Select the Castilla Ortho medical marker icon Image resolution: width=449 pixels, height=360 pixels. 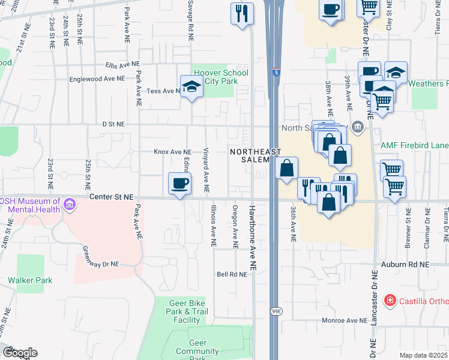pyautogui.click(x=390, y=299)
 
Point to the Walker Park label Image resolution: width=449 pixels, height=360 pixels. pyautogui.click(x=30, y=280)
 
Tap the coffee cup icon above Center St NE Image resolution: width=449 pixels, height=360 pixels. pyautogui.click(x=179, y=183)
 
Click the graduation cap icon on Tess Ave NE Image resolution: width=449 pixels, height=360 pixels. pyautogui.click(x=191, y=87)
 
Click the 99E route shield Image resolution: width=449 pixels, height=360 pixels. pyautogui.click(x=276, y=311)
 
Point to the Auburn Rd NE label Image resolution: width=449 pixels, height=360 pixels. pyautogui.click(x=405, y=264)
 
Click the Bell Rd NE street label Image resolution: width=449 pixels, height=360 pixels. pyautogui.click(x=232, y=274)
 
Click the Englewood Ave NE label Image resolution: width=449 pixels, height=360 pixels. pyautogui.click(x=97, y=78)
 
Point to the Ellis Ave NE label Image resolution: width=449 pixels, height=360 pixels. pyautogui.click(x=121, y=64)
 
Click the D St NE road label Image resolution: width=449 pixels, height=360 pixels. pyautogui.click(x=113, y=124)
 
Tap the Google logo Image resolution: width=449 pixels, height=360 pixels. pyautogui.click(x=19, y=352)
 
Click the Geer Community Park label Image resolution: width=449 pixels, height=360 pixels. pyautogui.click(x=197, y=350)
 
